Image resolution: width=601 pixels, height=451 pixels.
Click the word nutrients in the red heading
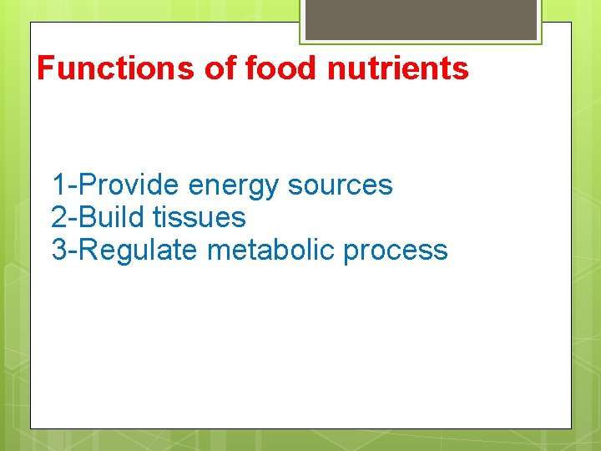[x=398, y=68]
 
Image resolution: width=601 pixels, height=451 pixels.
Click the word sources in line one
[x=341, y=185]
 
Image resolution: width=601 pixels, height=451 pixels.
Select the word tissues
[x=199, y=218]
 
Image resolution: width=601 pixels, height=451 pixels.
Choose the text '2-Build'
[x=98, y=218]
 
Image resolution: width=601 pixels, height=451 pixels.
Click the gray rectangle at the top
[x=421, y=19]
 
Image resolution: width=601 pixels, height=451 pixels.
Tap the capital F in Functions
[x=46, y=68]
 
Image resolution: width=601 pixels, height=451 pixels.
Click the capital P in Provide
[x=87, y=185]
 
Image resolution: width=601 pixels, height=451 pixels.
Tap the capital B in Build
[x=87, y=218]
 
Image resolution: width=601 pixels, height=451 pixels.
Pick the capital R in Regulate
[x=88, y=251]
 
